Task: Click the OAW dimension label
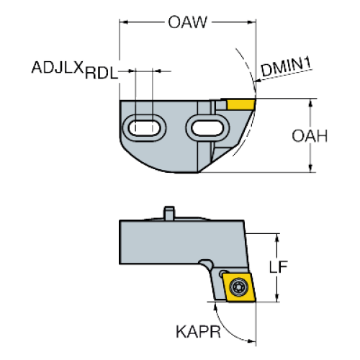pyautogui.click(x=187, y=22)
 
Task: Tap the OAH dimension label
pyautogui.click(x=310, y=136)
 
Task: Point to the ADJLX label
pyautogui.click(x=58, y=67)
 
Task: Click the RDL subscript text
pyautogui.click(x=102, y=73)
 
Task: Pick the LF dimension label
pyautogui.click(x=278, y=266)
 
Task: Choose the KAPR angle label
pyautogui.click(x=198, y=332)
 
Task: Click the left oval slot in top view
pyautogui.click(x=145, y=127)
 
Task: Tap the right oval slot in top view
pyautogui.click(x=208, y=127)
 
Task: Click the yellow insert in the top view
pyautogui.click(x=240, y=104)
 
